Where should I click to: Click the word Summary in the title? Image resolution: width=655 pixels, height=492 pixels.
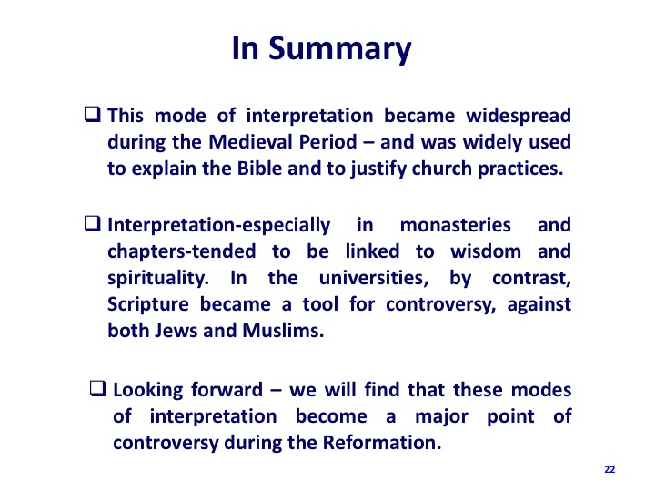339,49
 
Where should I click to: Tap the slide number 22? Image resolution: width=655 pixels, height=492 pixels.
610,469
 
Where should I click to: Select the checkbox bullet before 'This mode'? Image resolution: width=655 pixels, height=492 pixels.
92,114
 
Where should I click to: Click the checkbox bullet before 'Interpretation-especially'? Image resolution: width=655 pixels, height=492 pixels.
92,223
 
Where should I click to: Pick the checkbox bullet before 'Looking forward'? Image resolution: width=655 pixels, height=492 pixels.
97,388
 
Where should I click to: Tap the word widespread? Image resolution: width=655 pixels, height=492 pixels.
519,117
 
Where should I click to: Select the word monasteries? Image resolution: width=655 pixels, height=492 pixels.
456,225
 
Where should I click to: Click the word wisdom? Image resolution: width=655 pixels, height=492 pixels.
486,251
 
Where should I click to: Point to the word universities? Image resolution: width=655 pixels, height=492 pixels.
374,278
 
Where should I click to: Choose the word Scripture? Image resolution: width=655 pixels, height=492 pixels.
148,305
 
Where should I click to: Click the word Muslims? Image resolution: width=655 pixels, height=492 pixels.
283,331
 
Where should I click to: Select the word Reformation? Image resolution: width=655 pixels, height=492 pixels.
382,443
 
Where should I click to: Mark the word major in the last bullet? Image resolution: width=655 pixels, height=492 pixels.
441,417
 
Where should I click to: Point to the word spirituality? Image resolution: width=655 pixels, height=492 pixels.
158,279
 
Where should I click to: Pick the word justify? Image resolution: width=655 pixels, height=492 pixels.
378,169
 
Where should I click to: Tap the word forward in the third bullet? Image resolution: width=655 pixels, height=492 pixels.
227,390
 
